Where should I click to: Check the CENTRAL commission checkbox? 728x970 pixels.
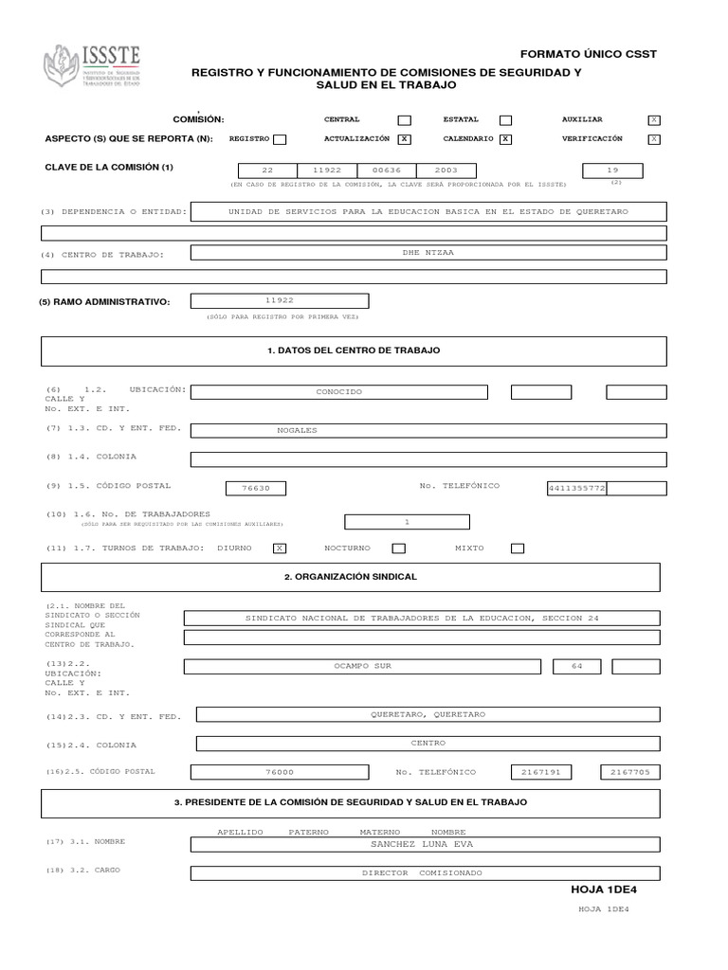(x=404, y=120)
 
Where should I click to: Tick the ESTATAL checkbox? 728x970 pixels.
(x=505, y=120)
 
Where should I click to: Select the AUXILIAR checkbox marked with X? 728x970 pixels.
(x=653, y=120)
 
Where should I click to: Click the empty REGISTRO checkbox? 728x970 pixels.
(x=280, y=139)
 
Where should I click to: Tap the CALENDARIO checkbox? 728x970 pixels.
(x=505, y=139)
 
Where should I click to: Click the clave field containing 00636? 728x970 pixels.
(x=386, y=171)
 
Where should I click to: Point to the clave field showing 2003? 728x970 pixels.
(x=446, y=171)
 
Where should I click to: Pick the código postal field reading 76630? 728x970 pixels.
(x=256, y=489)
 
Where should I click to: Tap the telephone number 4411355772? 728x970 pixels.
(x=576, y=489)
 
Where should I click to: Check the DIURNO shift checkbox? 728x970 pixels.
(x=280, y=548)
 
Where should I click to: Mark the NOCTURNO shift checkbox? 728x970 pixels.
(x=399, y=548)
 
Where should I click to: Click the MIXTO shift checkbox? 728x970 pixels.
(x=518, y=548)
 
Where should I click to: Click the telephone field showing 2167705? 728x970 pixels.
(x=630, y=772)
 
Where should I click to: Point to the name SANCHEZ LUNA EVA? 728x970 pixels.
(x=421, y=843)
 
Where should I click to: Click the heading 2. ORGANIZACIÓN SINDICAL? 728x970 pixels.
(x=351, y=576)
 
